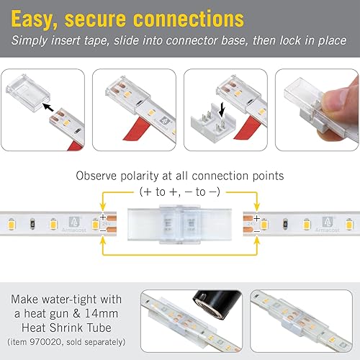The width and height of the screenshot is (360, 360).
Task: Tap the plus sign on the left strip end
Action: coord(104,217)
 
